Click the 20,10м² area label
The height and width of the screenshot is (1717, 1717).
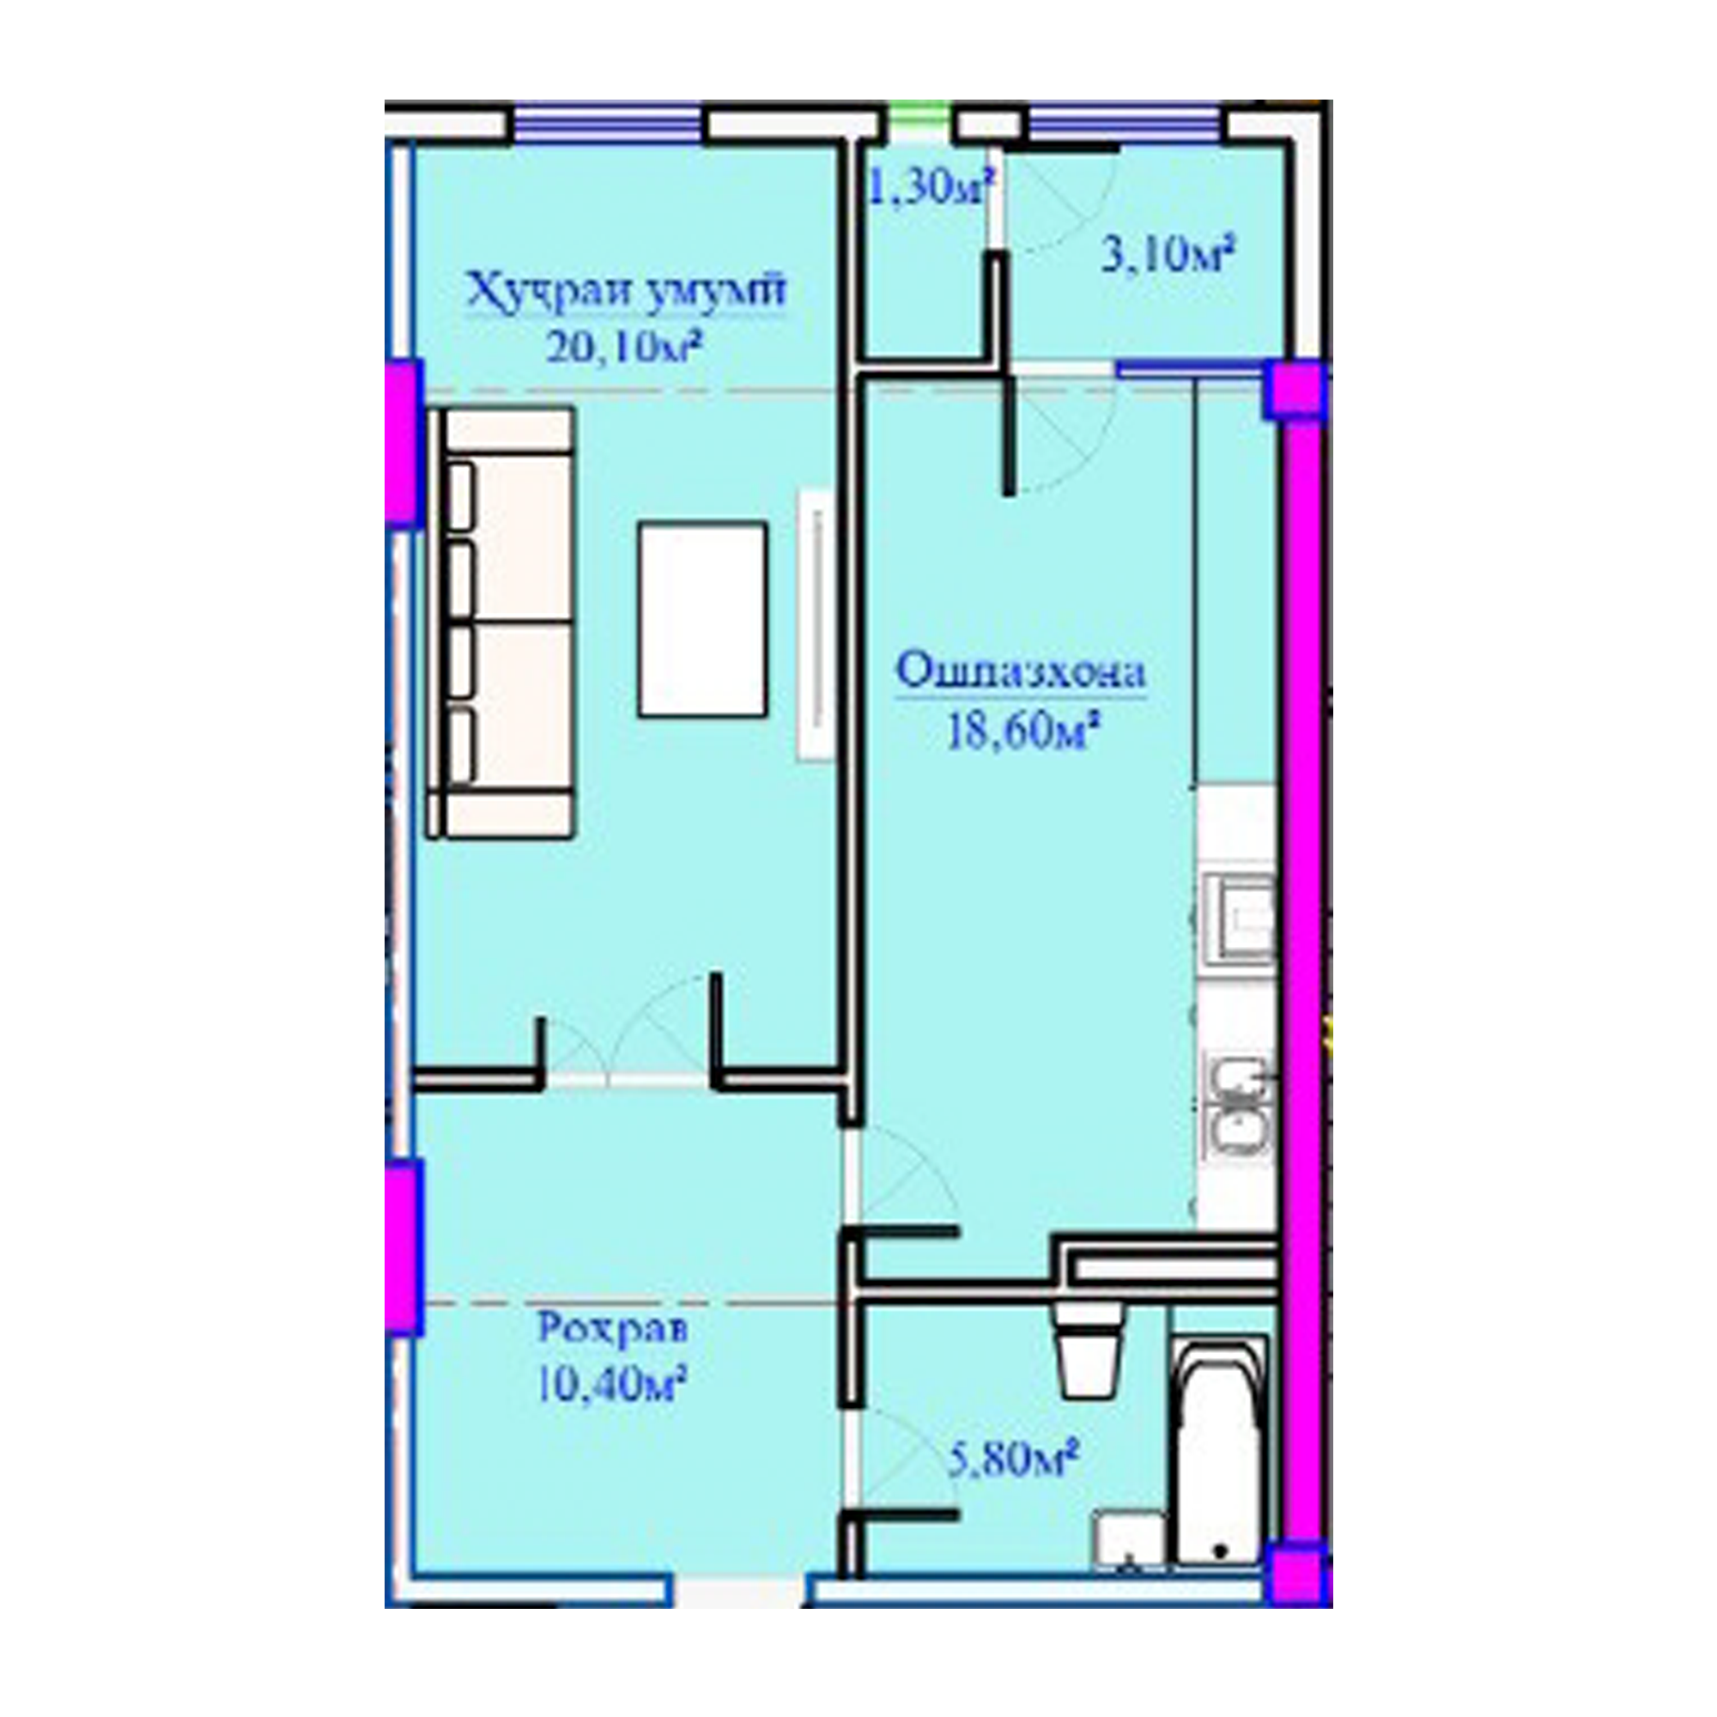(x=621, y=349)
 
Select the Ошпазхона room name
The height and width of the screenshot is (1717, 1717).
(x=1020, y=672)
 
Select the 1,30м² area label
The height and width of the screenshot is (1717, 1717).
(x=930, y=188)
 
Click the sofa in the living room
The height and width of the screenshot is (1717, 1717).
(x=500, y=622)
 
